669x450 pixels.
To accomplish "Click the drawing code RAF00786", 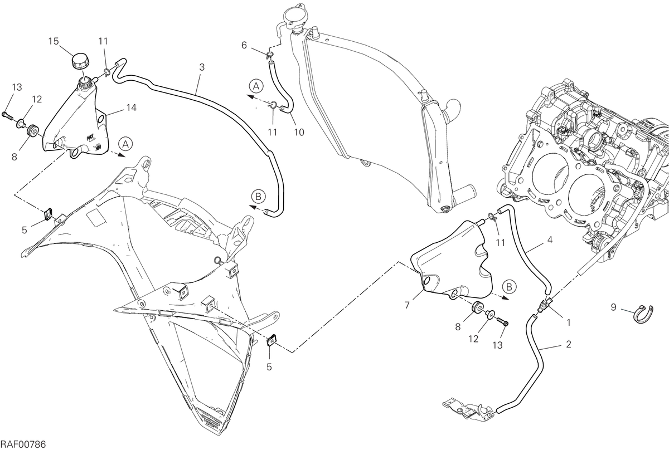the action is [23, 444].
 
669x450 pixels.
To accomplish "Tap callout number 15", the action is [54, 41].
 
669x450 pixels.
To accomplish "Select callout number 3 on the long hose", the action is [202, 67].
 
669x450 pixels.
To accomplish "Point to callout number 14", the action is [132, 107].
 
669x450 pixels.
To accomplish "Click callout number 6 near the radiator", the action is [244, 45].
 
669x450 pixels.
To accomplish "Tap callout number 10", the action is [299, 132].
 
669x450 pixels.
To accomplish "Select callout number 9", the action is [613, 307].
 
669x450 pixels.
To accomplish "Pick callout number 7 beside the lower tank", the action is [407, 306].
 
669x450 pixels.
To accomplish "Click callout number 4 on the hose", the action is [550, 239].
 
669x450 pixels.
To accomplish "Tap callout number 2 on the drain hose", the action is [569, 344].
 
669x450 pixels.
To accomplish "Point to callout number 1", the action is [569, 322].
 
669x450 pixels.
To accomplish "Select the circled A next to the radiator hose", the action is [256, 86].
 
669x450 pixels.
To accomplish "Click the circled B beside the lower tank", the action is [509, 287].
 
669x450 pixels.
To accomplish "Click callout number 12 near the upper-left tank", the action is [37, 99].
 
